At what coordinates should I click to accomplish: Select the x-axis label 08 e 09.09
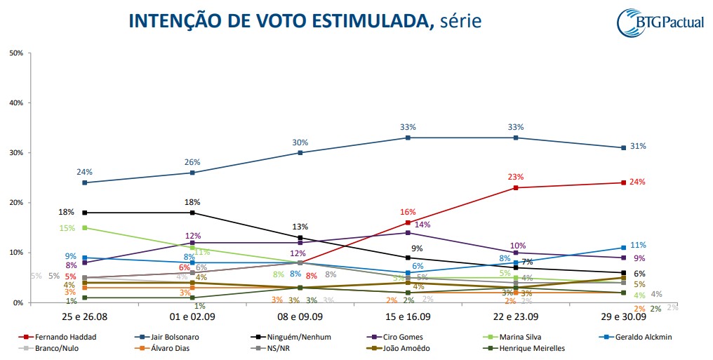(300, 317)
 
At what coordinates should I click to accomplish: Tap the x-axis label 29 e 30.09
(622, 317)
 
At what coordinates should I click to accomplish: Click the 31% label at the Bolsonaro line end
(637, 147)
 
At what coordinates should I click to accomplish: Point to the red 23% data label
(516, 177)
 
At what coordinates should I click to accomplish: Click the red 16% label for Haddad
(408, 211)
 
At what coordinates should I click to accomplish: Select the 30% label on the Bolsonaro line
(300, 142)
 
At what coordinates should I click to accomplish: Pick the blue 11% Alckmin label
(637, 246)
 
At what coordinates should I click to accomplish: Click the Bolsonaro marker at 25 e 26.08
(85, 182)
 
